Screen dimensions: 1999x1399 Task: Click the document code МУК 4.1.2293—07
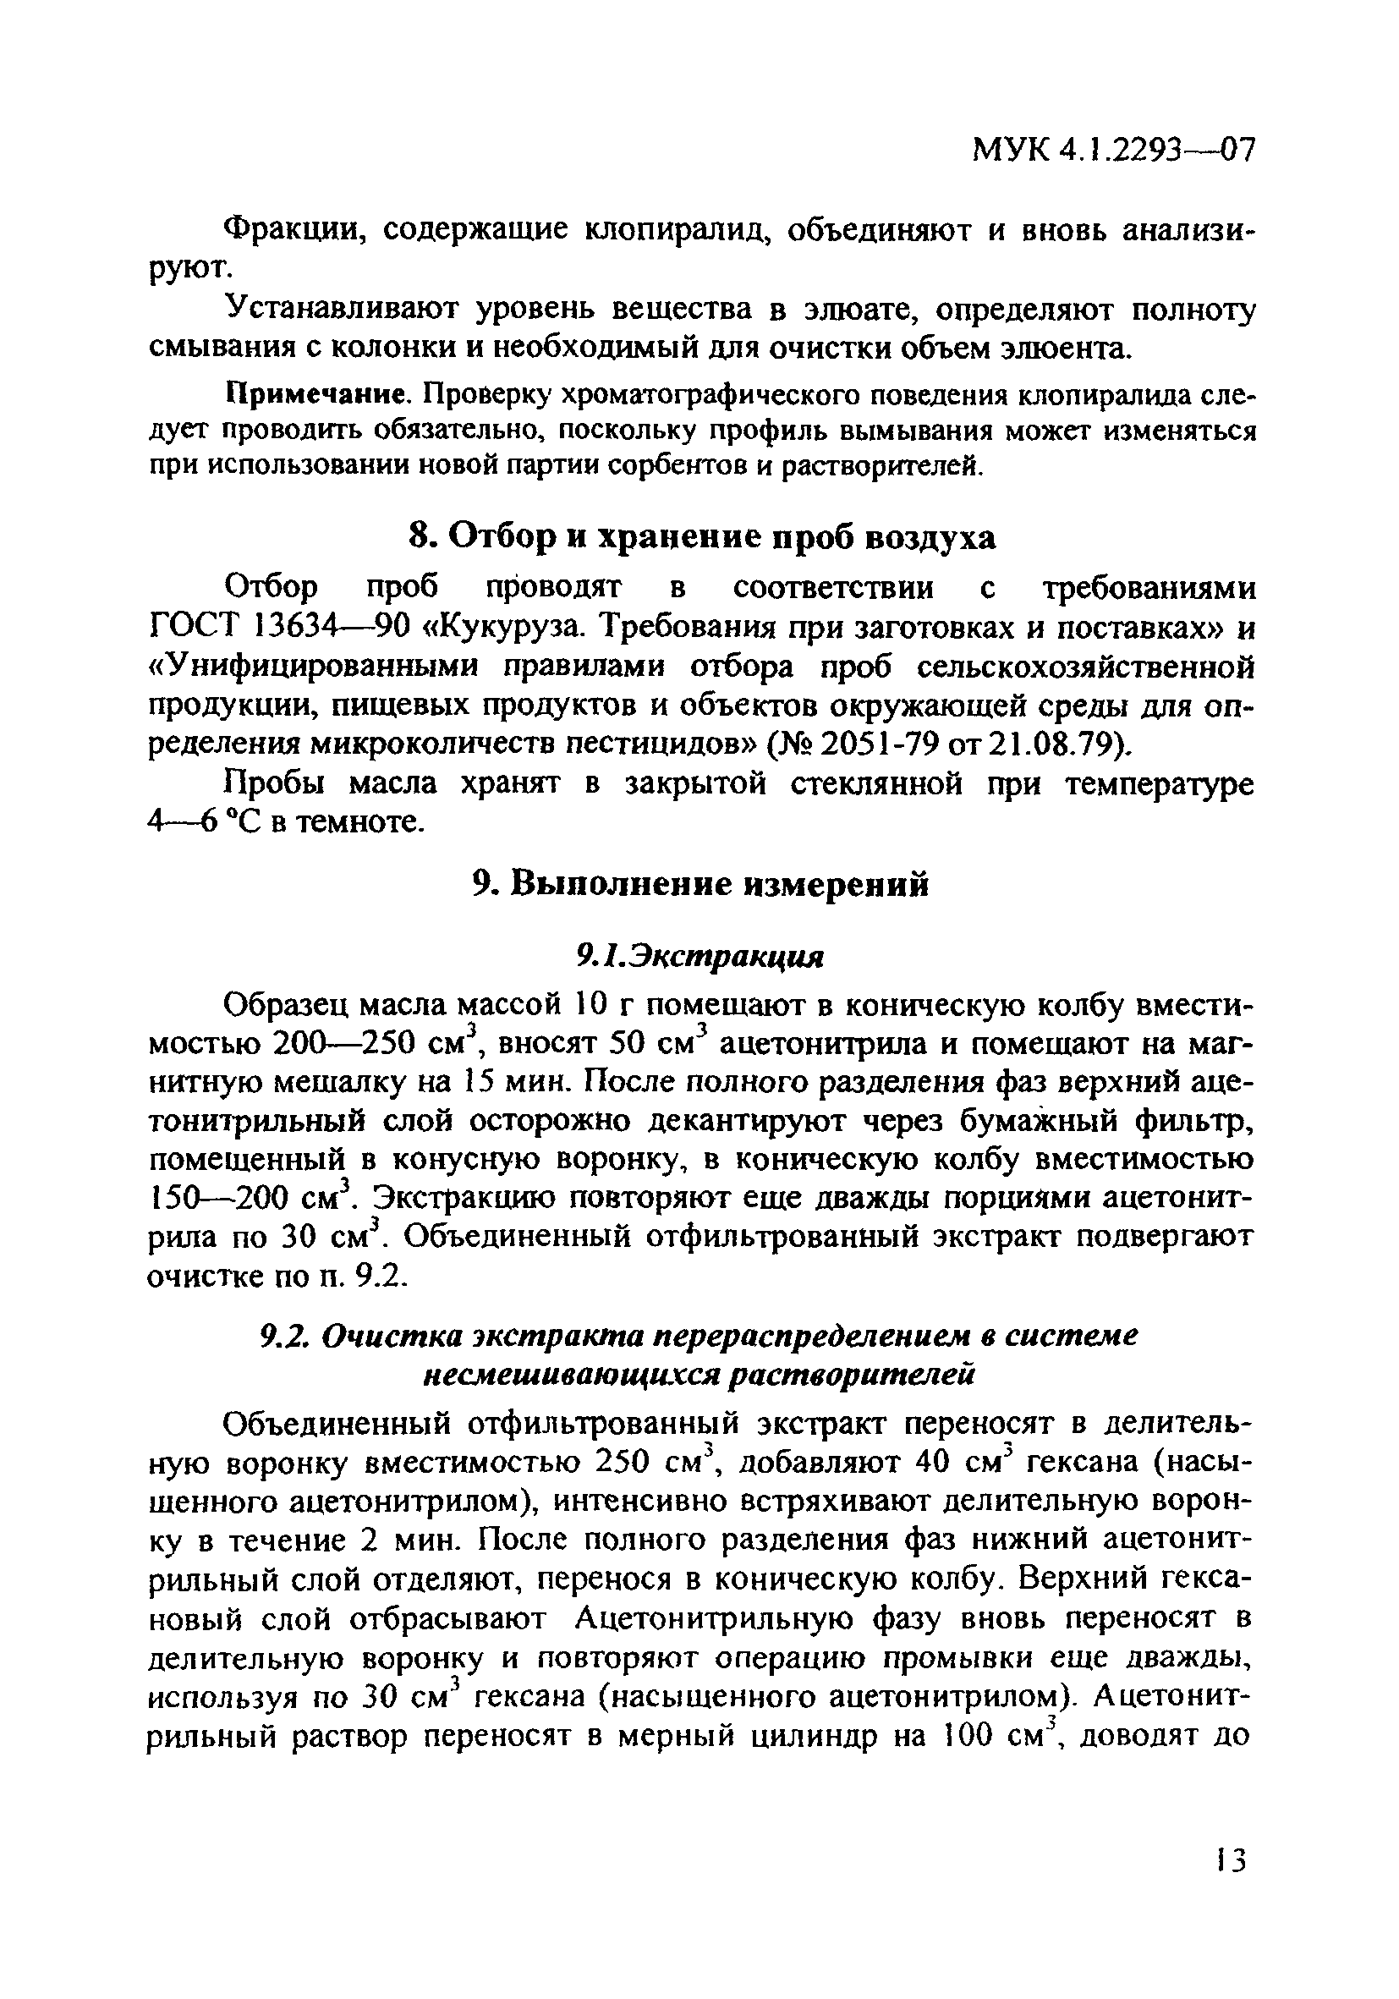pyautogui.click(x=1113, y=151)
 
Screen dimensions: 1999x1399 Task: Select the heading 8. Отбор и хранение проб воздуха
pyautogui.click(x=702, y=537)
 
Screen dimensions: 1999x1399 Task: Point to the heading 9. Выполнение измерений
pyautogui.click(x=702, y=884)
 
